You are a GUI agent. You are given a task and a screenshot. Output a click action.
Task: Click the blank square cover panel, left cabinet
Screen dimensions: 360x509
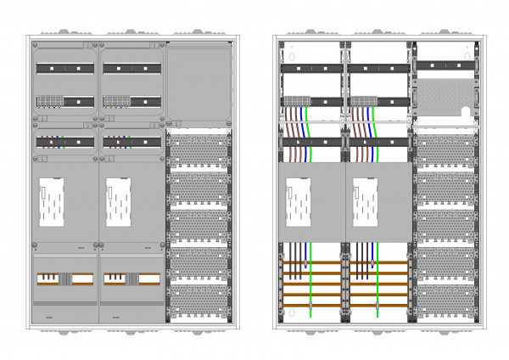tap(199, 85)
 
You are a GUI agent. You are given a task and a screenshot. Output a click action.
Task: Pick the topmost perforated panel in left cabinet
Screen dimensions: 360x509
tap(199, 149)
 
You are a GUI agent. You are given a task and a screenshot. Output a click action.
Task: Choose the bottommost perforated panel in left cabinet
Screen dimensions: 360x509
tap(199, 301)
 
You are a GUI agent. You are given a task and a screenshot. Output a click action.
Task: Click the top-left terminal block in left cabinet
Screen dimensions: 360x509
tap(49, 101)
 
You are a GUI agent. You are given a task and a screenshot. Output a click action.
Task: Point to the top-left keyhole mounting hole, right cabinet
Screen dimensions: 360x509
tap(292, 57)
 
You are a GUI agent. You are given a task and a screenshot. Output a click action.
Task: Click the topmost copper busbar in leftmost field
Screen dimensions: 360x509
tap(310, 264)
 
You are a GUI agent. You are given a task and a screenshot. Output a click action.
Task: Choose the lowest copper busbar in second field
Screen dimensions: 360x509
tap(378, 304)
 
